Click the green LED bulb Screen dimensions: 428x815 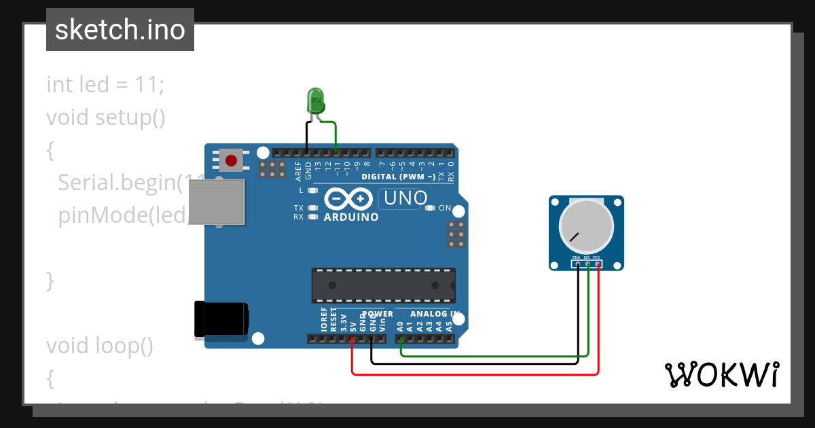click(x=315, y=101)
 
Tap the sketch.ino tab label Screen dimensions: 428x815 click(x=120, y=30)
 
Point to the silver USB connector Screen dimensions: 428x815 click(x=216, y=202)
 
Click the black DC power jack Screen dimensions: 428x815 click(x=221, y=319)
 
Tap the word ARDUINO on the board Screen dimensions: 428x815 click(x=350, y=217)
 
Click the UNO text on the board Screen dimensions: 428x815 click(x=405, y=198)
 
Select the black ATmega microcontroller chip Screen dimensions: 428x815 click(x=383, y=285)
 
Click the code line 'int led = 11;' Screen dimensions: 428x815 click(x=105, y=85)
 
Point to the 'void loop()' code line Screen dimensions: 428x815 click(x=99, y=346)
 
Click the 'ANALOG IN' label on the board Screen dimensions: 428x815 click(x=435, y=314)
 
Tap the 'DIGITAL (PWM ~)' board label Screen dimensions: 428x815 click(x=399, y=177)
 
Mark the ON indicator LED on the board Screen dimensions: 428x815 click(x=429, y=208)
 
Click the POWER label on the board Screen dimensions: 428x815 click(x=378, y=314)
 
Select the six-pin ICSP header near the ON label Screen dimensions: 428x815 click(x=456, y=234)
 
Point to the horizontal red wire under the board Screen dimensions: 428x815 click(x=475, y=373)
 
